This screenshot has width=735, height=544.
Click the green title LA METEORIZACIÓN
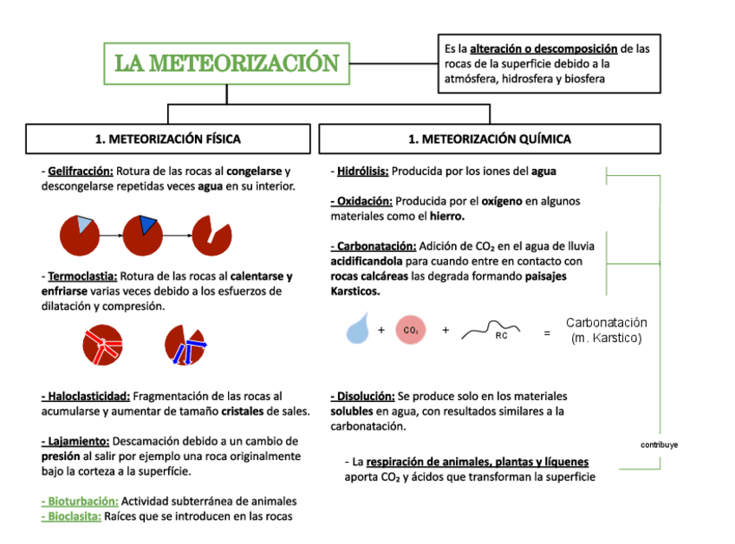click(227, 63)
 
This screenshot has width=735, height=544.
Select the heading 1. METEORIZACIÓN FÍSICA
click(167, 139)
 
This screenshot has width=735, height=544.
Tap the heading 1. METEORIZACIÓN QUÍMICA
click(490, 139)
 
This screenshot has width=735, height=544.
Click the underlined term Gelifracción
click(81, 172)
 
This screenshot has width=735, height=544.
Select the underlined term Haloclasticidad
click(86, 396)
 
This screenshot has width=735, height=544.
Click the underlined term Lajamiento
click(75, 441)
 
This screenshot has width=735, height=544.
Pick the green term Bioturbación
click(79, 501)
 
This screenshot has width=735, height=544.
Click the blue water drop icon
click(357, 330)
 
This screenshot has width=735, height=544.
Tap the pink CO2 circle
click(411, 330)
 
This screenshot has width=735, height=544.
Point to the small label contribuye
click(659, 444)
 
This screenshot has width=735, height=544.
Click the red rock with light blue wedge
click(79, 232)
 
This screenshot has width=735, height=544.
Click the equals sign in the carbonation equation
click(546, 331)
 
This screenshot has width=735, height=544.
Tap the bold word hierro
click(447, 216)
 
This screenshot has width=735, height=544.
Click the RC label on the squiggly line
click(501, 335)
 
